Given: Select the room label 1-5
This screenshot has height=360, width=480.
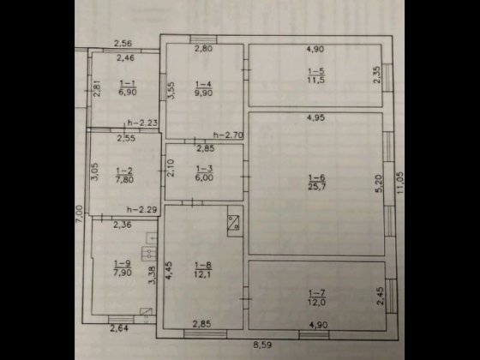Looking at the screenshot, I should point(315,71).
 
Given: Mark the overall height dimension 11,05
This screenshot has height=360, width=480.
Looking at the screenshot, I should point(399,186).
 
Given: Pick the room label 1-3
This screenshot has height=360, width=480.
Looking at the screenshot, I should point(203,169).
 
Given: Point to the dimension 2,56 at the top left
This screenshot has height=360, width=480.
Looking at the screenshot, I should point(126,44).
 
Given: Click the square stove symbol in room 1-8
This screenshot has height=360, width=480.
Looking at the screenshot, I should point(232,222).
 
